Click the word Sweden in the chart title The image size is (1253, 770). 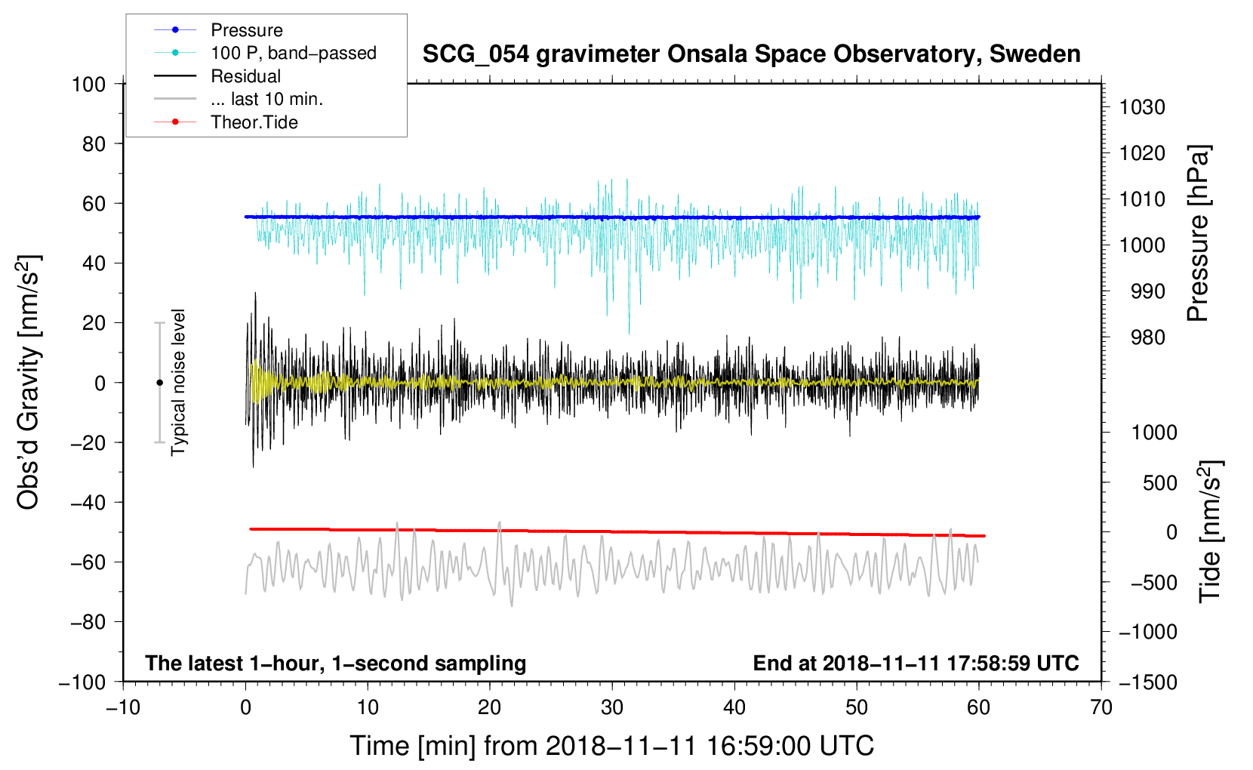(x=1035, y=54)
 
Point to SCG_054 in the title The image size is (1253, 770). (x=476, y=55)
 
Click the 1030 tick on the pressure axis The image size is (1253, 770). (x=1142, y=107)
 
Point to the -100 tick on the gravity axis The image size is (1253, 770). (x=82, y=682)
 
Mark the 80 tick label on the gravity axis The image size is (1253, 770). (x=94, y=144)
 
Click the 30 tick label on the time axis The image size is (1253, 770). (x=612, y=708)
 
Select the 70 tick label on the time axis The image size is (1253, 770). (x=1101, y=708)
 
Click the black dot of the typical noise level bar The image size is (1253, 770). (x=159, y=383)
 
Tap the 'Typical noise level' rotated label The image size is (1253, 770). (x=178, y=383)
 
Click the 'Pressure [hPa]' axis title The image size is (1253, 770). (x=1198, y=233)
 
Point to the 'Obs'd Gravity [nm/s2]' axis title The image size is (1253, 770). (x=29, y=383)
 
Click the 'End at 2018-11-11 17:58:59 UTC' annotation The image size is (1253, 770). (x=916, y=663)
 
